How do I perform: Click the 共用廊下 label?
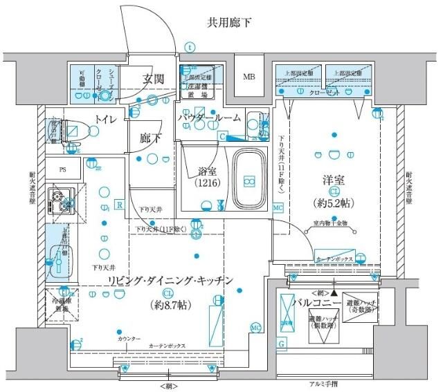pyautogui.click(x=228, y=23)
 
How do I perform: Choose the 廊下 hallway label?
pyautogui.click(x=150, y=138)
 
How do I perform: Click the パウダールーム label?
pyautogui.click(x=209, y=118)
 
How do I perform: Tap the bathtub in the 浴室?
pyautogui.click(x=248, y=179)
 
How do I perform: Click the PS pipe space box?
pyautogui.click(x=62, y=169)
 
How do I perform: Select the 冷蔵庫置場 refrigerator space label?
pyautogui.click(x=61, y=306)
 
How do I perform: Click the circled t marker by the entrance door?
pyautogui.click(x=190, y=48)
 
